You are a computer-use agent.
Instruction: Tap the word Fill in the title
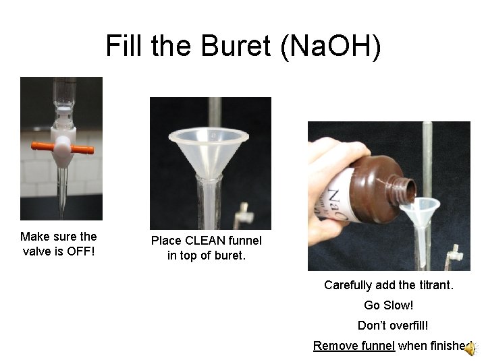click(126, 46)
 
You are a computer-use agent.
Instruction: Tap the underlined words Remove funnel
click(354, 346)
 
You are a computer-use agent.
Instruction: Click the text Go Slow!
click(388, 305)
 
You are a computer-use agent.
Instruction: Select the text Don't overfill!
click(393, 326)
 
